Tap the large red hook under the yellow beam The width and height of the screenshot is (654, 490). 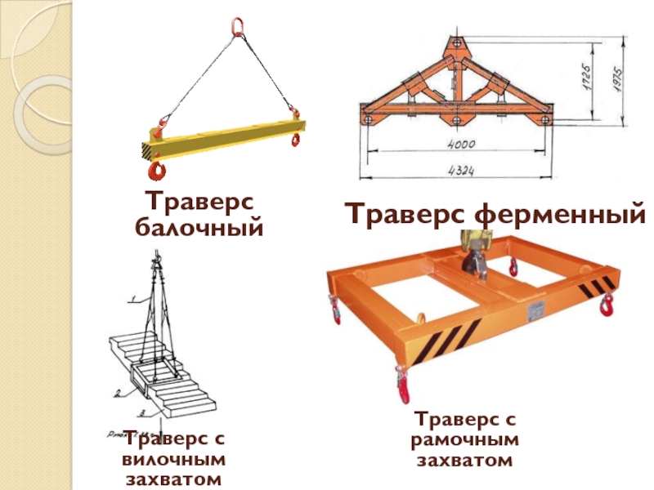pyautogui.click(x=157, y=169)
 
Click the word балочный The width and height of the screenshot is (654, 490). pyautogui.click(x=199, y=229)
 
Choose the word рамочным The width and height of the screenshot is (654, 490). pyautogui.click(x=464, y=440)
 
